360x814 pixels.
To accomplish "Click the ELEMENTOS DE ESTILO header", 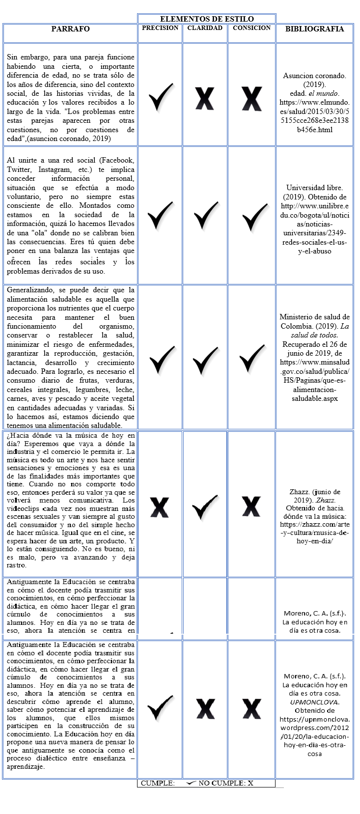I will [207, 19].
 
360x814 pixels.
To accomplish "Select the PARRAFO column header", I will [70, 29].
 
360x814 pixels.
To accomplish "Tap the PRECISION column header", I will [160, 28].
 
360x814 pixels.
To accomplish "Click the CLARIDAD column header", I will [205, 28].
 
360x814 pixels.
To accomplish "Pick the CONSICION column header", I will [251, 28].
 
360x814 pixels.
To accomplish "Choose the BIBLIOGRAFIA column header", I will [314, 29].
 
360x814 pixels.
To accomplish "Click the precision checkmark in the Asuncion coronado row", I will [161, 97].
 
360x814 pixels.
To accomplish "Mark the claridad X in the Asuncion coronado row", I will [205, 98].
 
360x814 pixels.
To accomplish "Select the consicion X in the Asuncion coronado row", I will [251, 98].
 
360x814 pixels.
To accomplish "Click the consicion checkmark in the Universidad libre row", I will [252, 216].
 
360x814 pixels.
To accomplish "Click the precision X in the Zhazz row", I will [160, 507].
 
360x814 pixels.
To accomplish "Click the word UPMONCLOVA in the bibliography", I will [314, 702].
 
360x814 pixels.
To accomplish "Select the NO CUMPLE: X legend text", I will [225, 783].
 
